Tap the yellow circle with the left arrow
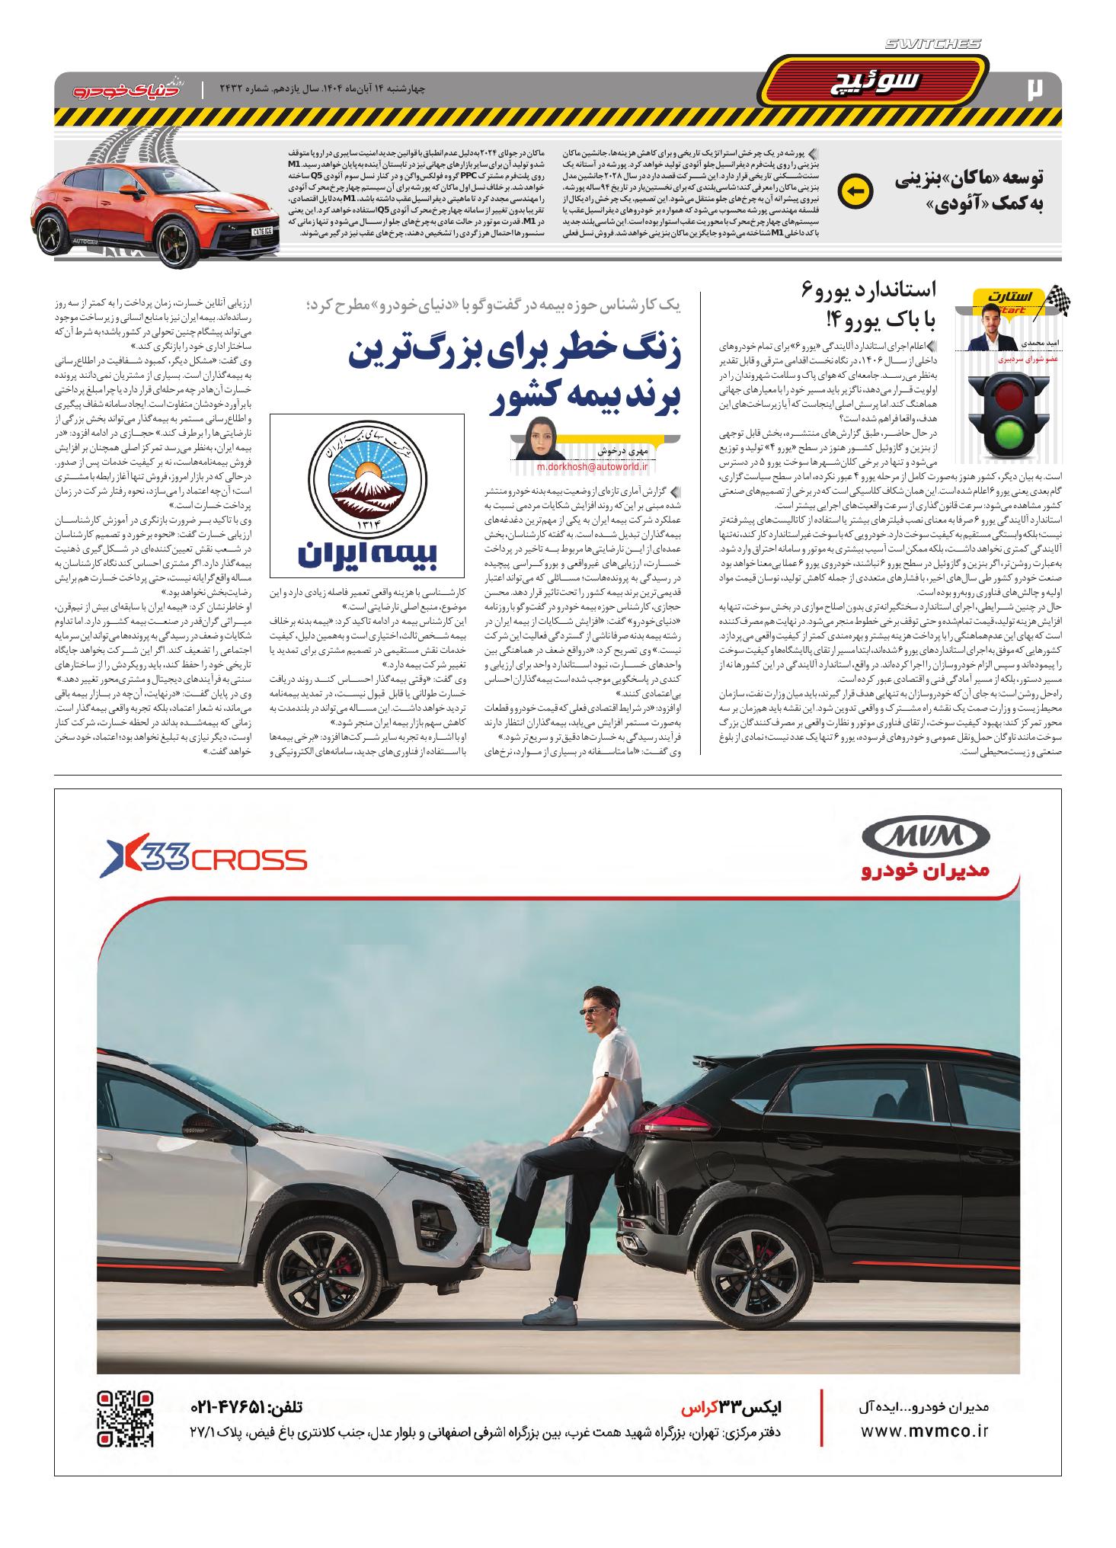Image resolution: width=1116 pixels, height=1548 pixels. (854, 192)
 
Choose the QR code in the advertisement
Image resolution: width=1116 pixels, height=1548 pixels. (126, 1418)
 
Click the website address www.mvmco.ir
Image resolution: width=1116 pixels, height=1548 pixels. (923, 1432)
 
